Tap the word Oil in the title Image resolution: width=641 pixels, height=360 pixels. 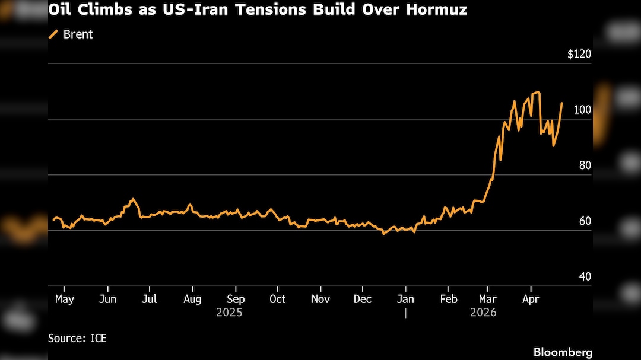pyautogui.click(x=59, y=11)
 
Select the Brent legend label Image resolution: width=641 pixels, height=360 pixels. pyautogui.click(x=78, y=34)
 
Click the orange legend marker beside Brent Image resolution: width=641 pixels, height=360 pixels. pyautogui.click(x=53, y=34)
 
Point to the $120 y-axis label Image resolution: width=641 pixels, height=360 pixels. pyautogui.click(x=579, y=55)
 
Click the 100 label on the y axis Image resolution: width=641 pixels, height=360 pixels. pyautogui.click(x=582, y=110)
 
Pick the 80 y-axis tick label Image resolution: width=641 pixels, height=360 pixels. pyautogui.click(x=585, y=165)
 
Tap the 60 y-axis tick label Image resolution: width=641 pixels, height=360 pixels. pyautogui.click(x=585, y=221)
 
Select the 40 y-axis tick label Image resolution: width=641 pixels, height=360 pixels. pyautogui.click(x=585, y=277)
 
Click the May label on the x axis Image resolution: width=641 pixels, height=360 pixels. pyautogui.click(x=64, y=299)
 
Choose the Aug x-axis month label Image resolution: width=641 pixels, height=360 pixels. pyautogui.click(x=193, y=299)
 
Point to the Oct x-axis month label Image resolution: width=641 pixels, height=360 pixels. pyautogui.click(x=277, y=299)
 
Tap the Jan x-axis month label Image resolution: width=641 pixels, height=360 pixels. pyautogui.click(x=405, y=299)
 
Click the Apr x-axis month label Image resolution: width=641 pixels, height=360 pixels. pyautogui.click(x=531, y=299)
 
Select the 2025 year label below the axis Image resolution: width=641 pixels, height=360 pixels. pyautogui.click(x=229, y=312)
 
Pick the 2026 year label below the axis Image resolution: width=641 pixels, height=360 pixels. pyautogui.click(x=483, y=312)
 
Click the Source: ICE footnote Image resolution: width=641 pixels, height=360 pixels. pyautogui.click(x=77, y=338)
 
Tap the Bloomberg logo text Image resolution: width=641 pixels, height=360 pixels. pyautogui.click(x=563, y=352)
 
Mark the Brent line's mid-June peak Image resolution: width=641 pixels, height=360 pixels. pyautogui.click(x=133, y=199)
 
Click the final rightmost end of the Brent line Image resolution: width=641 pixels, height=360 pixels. pyautogui.click(x=561, y=103)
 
